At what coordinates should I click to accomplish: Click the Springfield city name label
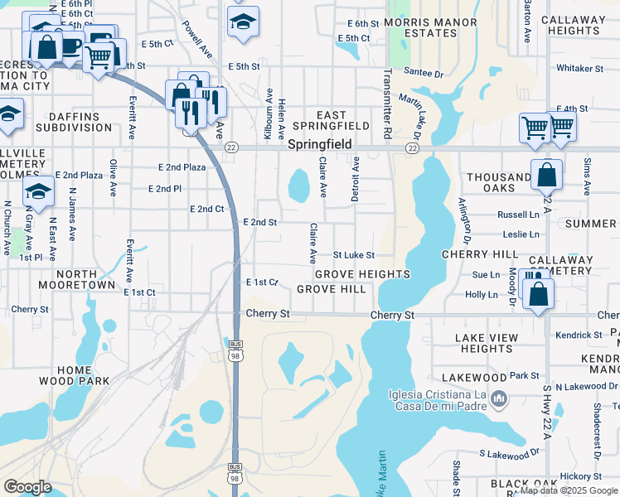(320, 144)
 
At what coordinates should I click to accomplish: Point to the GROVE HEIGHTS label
(361, 274)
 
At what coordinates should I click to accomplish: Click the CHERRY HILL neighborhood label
(480, 254)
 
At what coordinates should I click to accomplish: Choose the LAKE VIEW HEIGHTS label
(487, 343)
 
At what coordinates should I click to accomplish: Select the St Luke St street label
(354, 255)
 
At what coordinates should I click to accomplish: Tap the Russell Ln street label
(518, 214)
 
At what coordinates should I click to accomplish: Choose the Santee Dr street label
(424, 73)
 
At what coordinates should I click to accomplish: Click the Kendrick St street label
(579, 335)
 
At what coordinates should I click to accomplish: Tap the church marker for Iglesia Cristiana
(498, 401)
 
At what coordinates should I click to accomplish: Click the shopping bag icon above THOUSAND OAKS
(546, 175)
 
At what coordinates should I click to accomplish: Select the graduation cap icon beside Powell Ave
(243, 22)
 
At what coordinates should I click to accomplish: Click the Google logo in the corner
(28, 487)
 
